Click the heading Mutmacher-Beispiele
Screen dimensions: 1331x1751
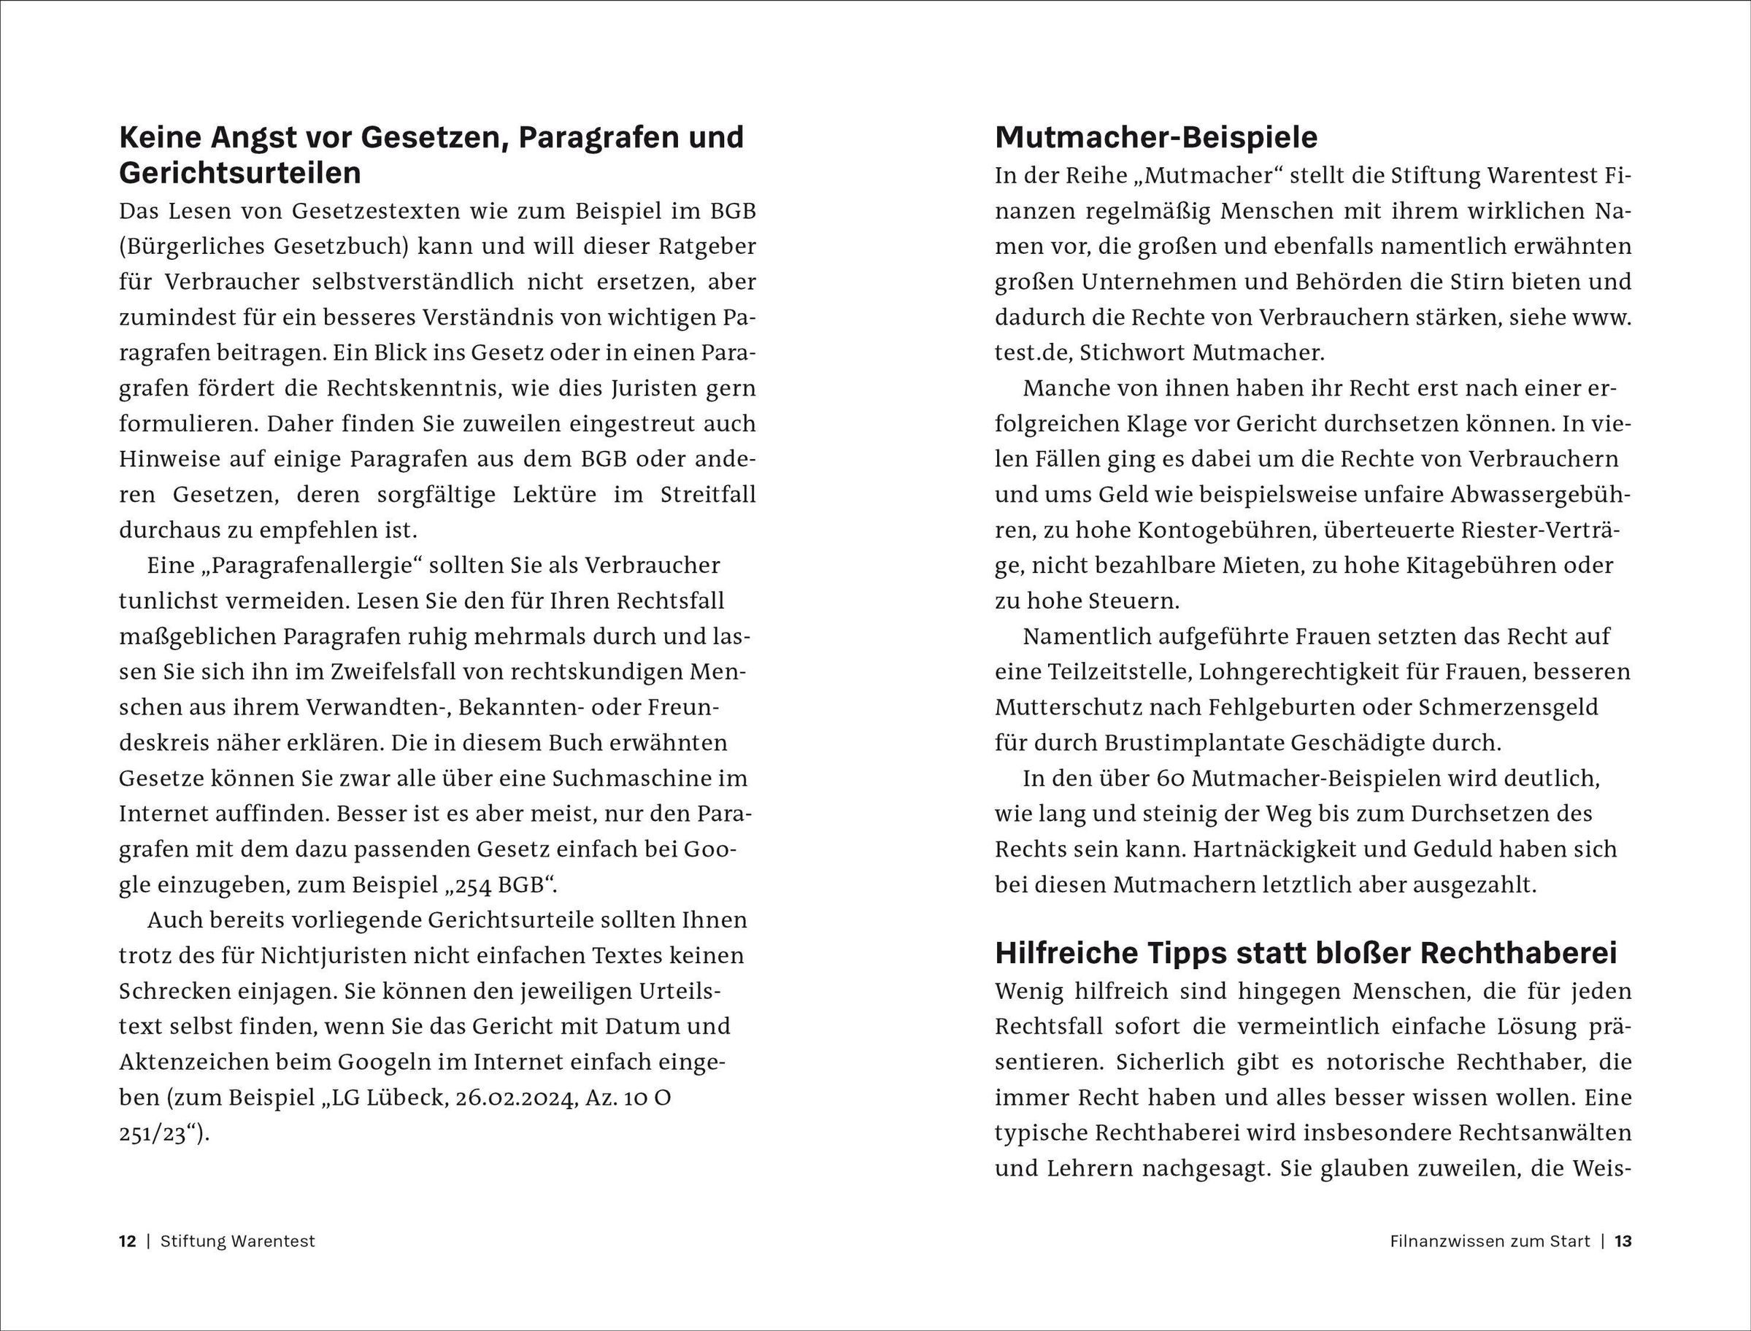click(x=1156, y=138)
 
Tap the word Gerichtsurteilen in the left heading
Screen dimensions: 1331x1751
click(x=240, y=174)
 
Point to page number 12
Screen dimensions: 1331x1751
click(x=128, y=1241)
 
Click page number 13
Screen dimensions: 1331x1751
click(x=1623, y=1241)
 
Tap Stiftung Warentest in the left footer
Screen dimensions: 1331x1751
click(x=238, y=1241)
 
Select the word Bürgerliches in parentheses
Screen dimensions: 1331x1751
click(x=202, y=247)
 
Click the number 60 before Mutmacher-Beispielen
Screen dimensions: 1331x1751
click(x=1171, y=779)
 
